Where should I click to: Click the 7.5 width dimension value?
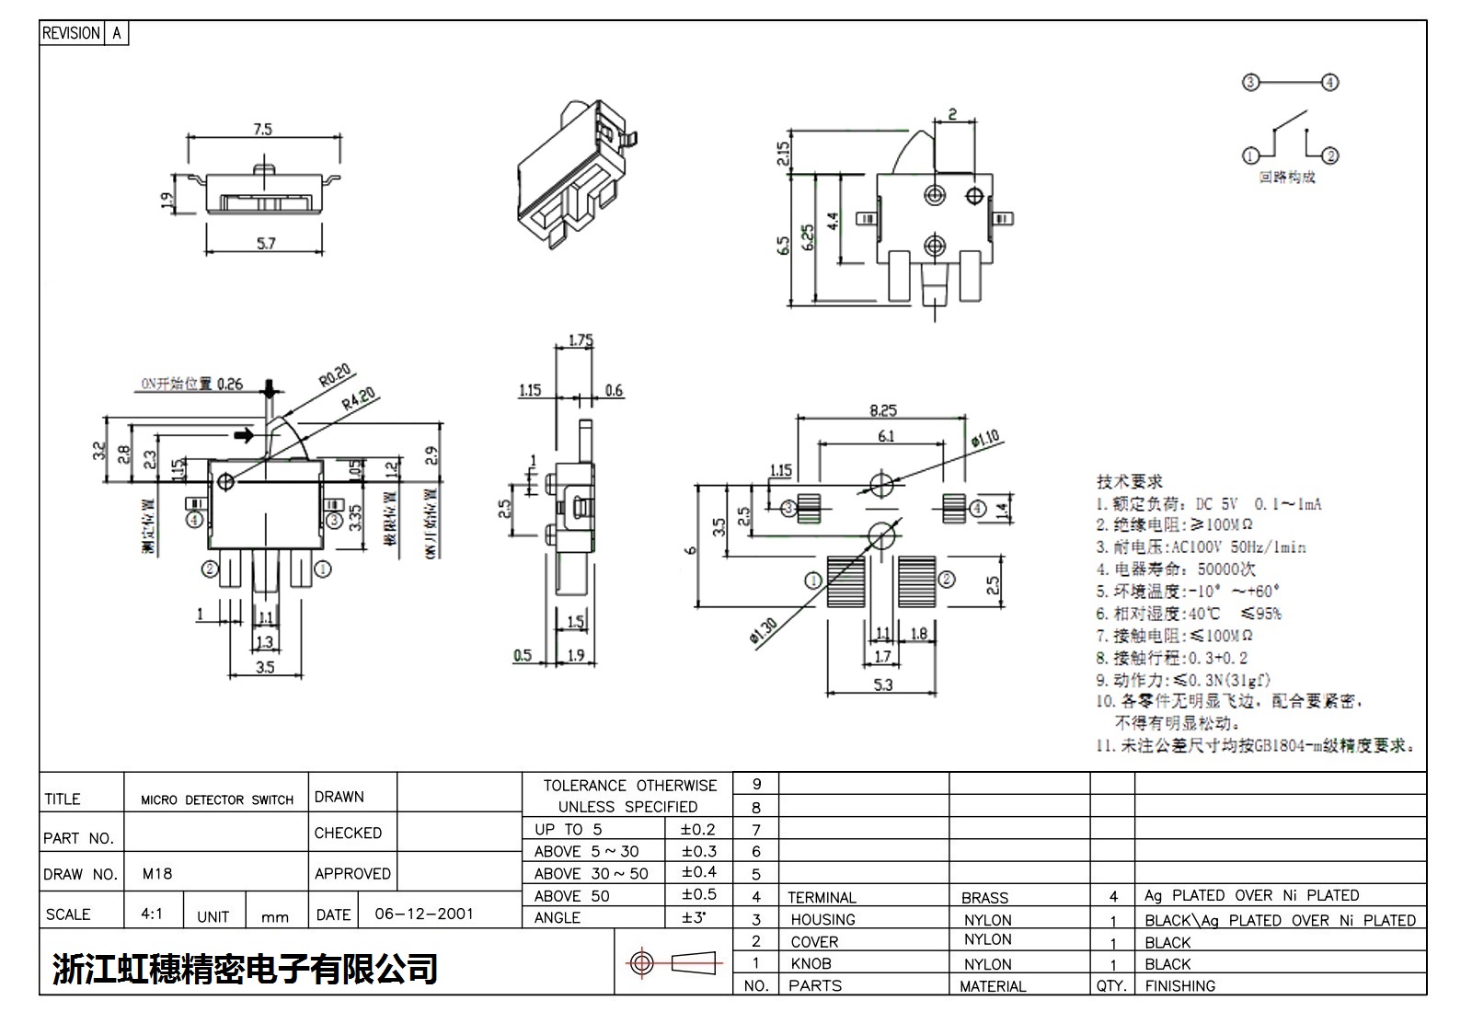tap(263, 130)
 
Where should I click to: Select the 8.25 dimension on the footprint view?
tap(882, 411)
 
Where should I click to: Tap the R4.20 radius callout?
tap(359, 400)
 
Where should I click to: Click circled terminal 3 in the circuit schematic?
tap(1249, 83)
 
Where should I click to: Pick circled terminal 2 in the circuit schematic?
tap(1330, 155)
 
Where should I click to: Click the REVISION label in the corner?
tap(71, 33)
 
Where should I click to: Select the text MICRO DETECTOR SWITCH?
tap(217, 800)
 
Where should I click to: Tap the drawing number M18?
tap(157, 873)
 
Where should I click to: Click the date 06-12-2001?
tap(424, 914)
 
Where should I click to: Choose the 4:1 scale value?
tap(152, 914)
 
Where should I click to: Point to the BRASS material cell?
tap(984, 897)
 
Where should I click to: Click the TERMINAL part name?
tap(822, 897)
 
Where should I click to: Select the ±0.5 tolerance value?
tap(698, 894)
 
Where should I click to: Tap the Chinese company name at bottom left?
tap(245, 968)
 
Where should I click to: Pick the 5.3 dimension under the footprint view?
tap(882, 684)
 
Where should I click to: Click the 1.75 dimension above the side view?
tap(581, 340)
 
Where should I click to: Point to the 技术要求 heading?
tap(1129, 481)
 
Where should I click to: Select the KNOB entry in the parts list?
tap(811, 963)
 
